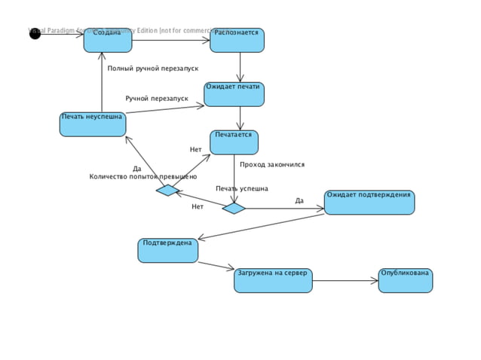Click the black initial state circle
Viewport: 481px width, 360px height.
(x=35, y=34)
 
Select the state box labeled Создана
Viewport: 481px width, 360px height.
(x=108, y=41)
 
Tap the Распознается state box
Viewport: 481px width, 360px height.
(x=237, y=41)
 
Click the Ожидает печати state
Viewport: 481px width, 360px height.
(x=234, y=95)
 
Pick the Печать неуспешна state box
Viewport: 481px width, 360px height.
(x=93, y=124)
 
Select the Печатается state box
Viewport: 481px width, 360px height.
(x=234, y=142)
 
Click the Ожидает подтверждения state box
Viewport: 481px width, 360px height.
(x=369, y=203)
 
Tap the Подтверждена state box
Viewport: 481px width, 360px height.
(x=167, y=250)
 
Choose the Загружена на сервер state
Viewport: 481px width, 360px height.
(x=273, y=280)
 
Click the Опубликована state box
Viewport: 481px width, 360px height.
(x=406, y=280)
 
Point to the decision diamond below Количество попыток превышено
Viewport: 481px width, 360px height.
(x=167, y=191)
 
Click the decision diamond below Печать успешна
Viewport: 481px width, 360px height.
(x=234, y=208)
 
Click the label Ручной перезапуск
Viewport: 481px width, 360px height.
(x=157, y=99)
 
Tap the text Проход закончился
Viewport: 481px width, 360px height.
(x=272, y=164)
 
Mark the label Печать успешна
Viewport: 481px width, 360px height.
(x=241, y=188)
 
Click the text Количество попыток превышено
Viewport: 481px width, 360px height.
(x=142, y=176)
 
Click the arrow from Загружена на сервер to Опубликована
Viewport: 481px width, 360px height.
(x=345, y=282)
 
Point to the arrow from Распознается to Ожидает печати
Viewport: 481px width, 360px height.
(x=240, y=67)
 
